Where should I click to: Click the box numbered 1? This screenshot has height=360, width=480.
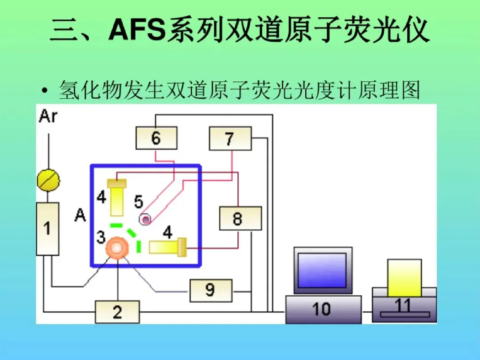point(47,228)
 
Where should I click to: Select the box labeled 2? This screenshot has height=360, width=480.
point(117,312)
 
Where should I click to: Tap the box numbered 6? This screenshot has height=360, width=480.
point(156,138)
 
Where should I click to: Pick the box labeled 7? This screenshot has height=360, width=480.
point(230,138)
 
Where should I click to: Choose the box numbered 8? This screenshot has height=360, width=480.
point(240,218)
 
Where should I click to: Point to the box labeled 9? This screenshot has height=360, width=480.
point(211,290)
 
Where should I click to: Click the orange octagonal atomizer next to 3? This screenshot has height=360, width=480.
point(117,248)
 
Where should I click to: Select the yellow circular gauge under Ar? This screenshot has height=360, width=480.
point(48,180)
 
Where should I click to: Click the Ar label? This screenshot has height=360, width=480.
point(48,116)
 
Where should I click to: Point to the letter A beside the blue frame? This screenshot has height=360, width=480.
point(80,216)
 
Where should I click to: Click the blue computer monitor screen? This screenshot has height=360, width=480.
point(323,270)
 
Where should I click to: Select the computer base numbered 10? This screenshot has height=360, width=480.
point(323,309)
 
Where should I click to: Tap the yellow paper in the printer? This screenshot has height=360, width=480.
point(404,278)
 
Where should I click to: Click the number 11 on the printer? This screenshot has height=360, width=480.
point(404,306)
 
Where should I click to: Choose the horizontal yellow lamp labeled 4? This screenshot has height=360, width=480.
point(167,247)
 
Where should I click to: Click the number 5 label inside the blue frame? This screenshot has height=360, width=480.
point(139,202)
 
